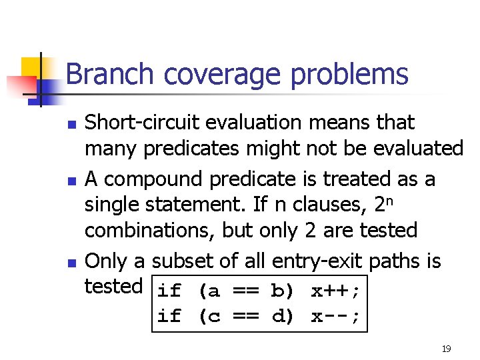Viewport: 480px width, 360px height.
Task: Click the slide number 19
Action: (445, 349)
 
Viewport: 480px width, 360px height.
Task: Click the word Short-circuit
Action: (143, 123)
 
